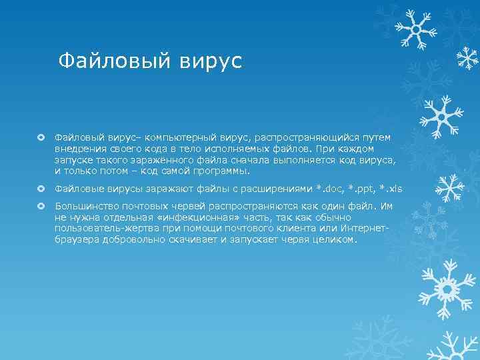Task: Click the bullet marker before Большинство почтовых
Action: click(x=41, y=206)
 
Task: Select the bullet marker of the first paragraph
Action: click(x=41, y=137)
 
